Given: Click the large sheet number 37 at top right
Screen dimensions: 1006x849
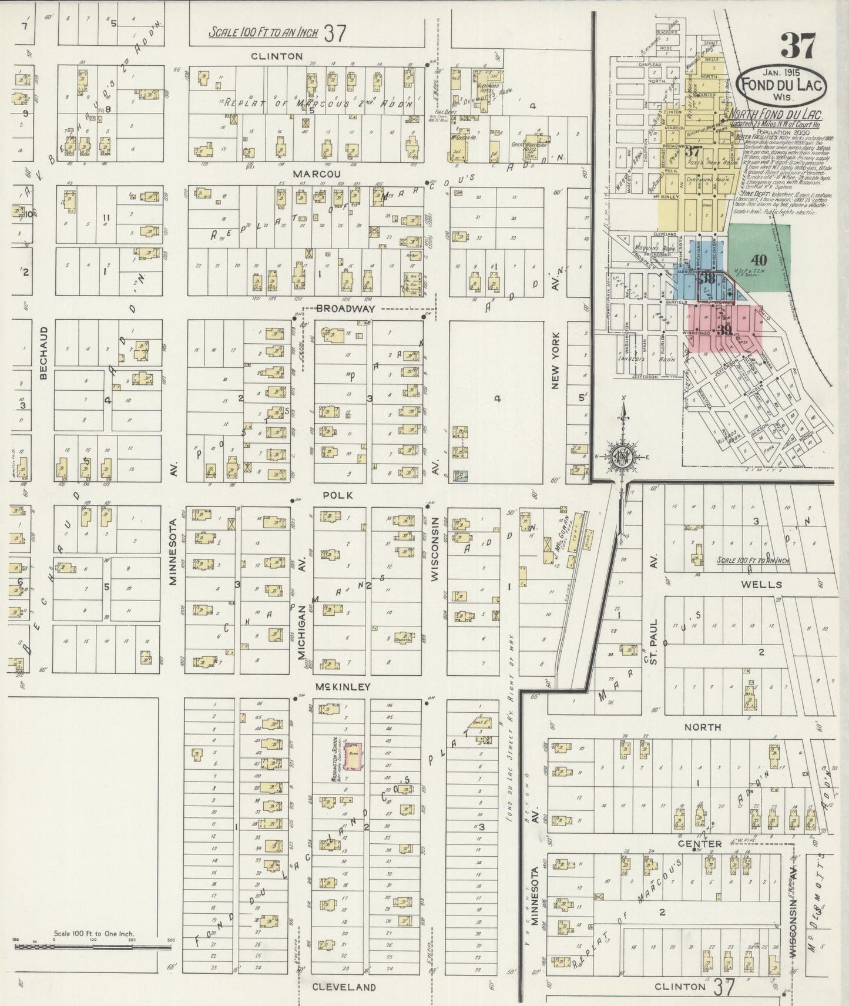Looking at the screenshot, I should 797,45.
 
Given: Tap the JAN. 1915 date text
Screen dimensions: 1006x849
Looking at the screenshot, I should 781,73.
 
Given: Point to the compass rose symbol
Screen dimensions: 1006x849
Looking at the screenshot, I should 623,457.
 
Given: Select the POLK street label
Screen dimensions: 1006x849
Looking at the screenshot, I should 338,495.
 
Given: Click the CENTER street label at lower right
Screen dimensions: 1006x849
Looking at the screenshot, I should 703,844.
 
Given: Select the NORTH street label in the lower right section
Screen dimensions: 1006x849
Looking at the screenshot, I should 703,727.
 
